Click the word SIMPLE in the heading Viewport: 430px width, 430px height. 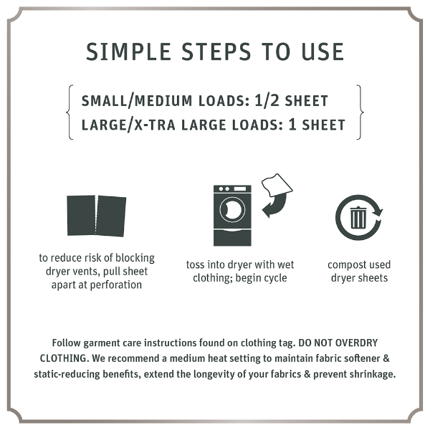(126, 52)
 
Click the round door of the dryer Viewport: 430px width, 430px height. (231, 210)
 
